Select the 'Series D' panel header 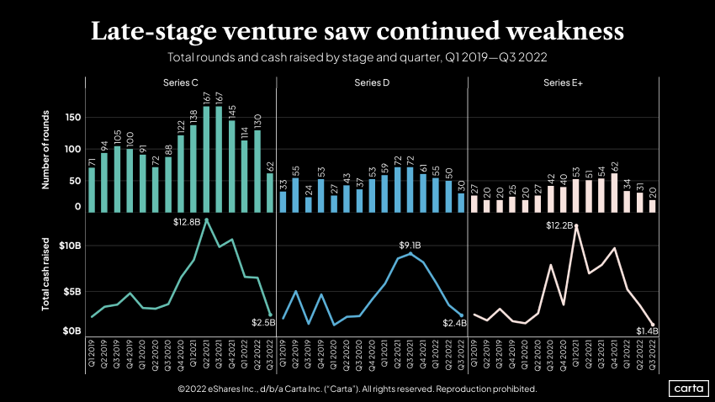tap(371, 82)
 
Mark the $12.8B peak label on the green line tap(187, 222)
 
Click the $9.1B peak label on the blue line tap(410, 246)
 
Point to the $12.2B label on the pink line tap(559, 225)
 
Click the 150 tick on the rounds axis tap(71, 119)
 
